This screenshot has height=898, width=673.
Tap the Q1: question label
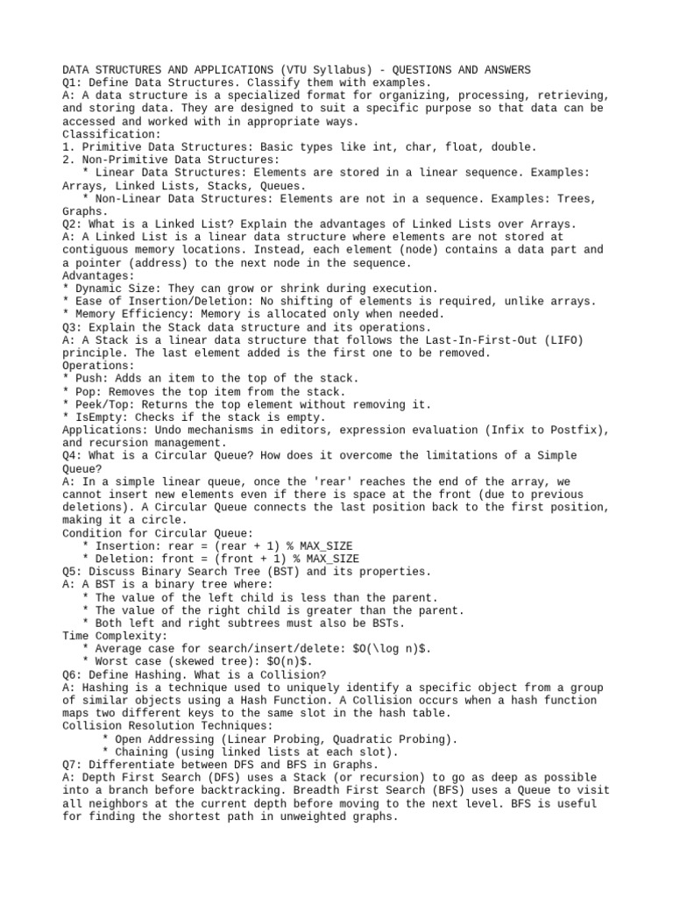pos(73,82)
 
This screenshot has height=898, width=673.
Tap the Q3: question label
pos(73,327)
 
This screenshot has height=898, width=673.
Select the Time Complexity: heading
pos(114,636)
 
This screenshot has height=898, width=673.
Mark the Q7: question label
pos(73,765)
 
